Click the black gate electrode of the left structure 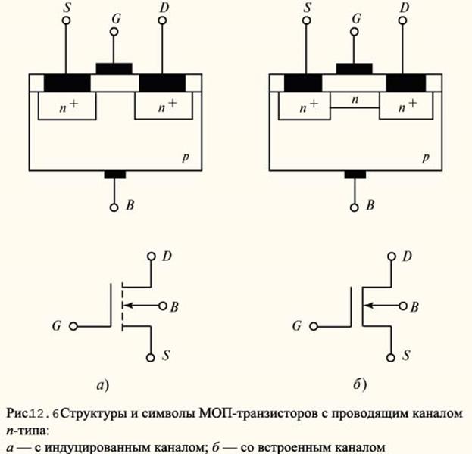point(114,68)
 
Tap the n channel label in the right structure point(355,100)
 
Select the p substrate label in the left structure point(186,159)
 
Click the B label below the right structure point(370,206)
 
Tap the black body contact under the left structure point(114,175)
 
